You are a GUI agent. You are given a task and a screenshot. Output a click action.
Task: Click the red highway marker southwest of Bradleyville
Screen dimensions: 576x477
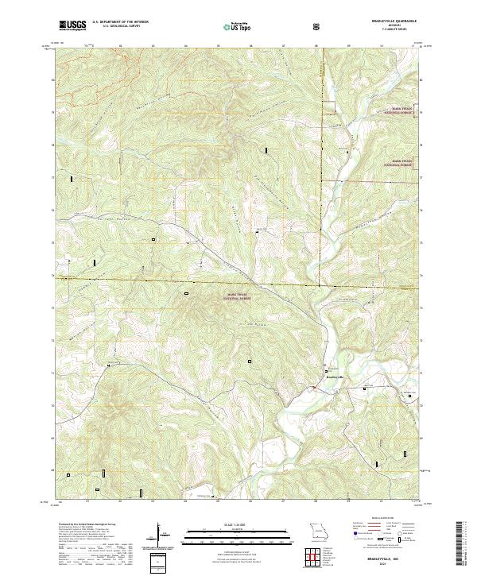point(314,388)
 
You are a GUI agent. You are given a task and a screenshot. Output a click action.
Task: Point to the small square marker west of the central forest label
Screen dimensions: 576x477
point(188,294)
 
